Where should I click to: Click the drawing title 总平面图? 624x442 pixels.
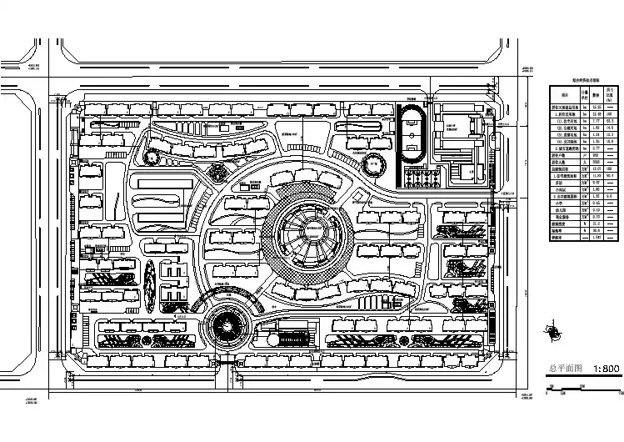(x=563, y=368)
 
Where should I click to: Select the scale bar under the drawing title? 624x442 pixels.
(x=584, y=384)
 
